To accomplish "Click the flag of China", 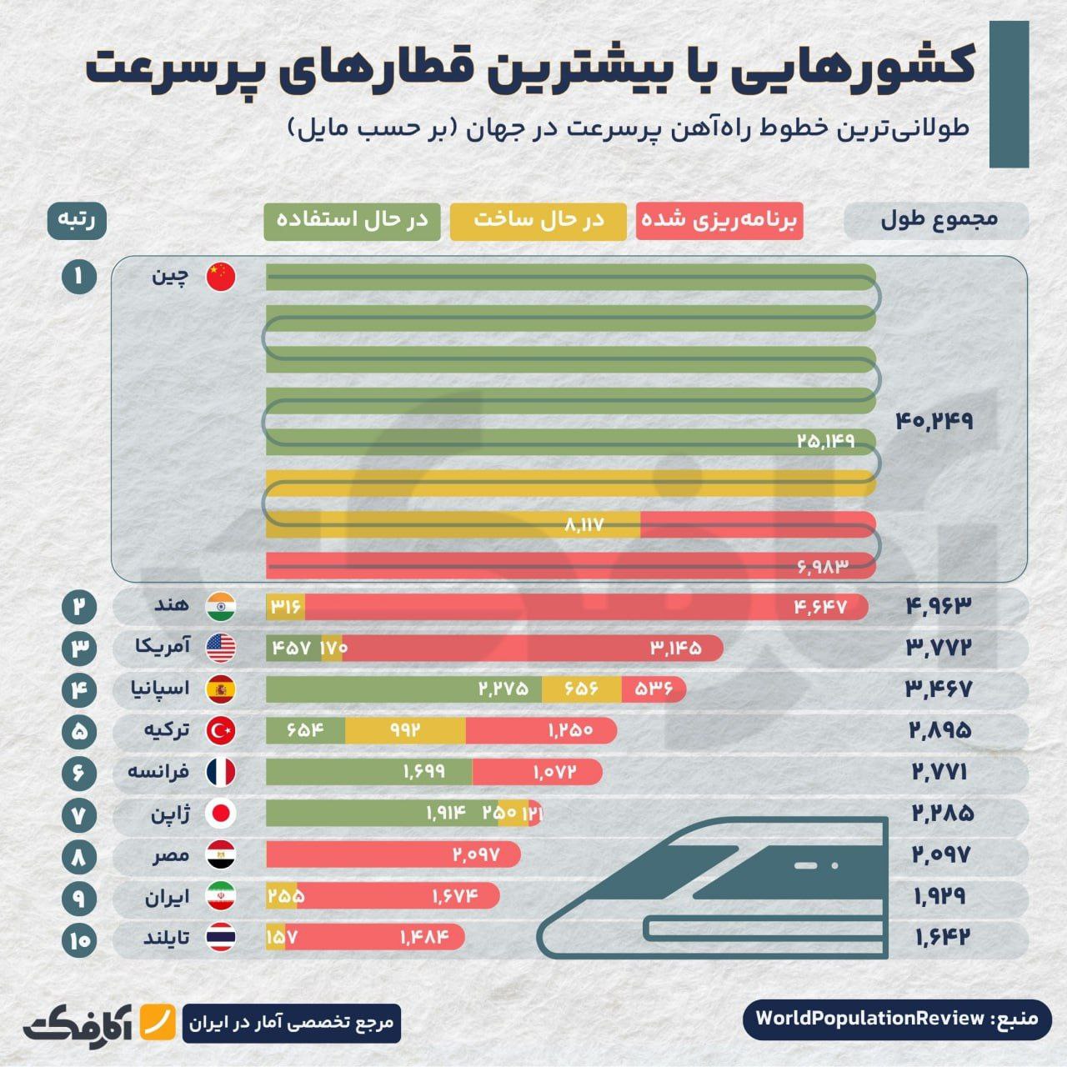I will [x=221, y=277].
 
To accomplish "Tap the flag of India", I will [x=221, y=606].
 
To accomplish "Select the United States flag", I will [x=221, y=648].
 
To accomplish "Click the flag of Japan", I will [x=221, y=813].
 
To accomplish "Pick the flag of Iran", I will [x=221, y=896].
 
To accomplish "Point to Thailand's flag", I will [x=221, y=937].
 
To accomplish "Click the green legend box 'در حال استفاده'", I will [x=352, y=221].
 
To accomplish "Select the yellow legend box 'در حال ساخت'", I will [x=538, y=221].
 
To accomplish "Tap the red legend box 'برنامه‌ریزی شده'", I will [x=719, y=221].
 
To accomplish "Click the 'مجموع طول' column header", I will [x=936, y=221].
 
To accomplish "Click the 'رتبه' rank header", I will [x=77, y=221].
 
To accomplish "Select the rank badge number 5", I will [x=79, y=731].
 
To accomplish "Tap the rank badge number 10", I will [x=79, y=940].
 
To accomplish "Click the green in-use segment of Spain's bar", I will [x=403, y=689].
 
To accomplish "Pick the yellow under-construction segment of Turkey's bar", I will [x=405, y=731].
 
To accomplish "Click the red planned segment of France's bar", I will [x=537, y=772].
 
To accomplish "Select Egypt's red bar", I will [x=393, y=854].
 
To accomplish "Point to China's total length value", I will [x=934, y=421].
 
